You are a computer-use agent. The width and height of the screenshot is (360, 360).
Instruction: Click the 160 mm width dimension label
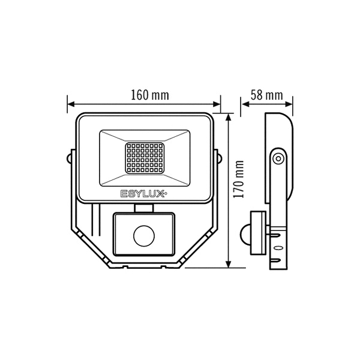(150, 95)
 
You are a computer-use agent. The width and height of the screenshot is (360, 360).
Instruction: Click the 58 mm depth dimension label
(267, 95)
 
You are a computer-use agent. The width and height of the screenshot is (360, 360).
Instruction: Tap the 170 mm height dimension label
(239, 179)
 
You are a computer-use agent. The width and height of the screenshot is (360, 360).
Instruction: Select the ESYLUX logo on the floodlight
(144, 194)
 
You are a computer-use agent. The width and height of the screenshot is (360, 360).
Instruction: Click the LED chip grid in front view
(145, 158)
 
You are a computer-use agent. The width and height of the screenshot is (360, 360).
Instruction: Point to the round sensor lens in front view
(144, 235)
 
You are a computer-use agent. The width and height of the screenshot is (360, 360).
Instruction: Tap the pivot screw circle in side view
(278, 158)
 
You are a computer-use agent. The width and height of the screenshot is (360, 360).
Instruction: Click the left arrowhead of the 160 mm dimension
(71, 104)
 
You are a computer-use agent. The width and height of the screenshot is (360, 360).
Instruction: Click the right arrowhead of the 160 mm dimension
(217, 104)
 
